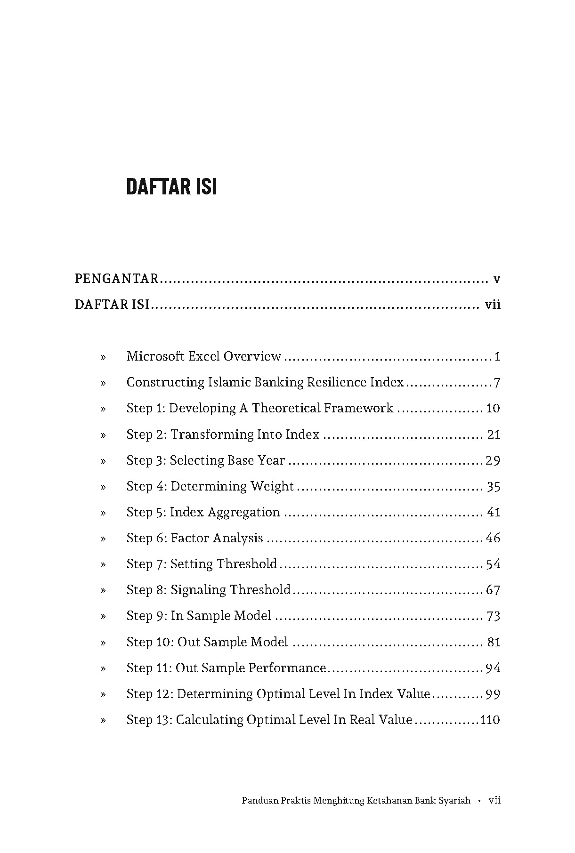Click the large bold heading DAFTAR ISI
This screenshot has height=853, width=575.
[171, 187]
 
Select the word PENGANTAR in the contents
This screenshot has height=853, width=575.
[116, 279]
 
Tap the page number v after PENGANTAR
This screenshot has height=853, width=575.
[496, 279]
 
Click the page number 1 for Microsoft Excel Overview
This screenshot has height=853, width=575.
[497, 356]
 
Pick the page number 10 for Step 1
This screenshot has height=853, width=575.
[493, 408]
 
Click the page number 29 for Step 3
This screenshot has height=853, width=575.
[493, 460]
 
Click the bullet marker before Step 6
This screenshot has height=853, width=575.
[103, 539]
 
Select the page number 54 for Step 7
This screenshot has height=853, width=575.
[493, 564]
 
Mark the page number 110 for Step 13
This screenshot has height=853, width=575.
[490, 720]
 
